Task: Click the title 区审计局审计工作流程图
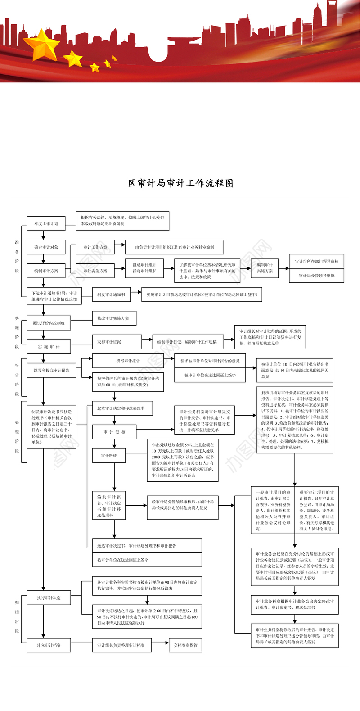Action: (180, 183)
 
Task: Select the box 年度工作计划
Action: (46, 223)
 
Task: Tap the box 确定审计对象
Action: (46, 247)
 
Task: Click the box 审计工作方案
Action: (95, 247)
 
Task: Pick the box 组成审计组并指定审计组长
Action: (144, 268)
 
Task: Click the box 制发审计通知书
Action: (111, 294)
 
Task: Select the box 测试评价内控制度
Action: (49, 323)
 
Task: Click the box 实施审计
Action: (49, 347)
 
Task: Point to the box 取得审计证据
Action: (117, 342)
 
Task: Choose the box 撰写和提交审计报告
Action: (51, 370)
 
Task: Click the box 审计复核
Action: (114, 432)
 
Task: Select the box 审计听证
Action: (108, 456)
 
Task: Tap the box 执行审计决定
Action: (49, 598)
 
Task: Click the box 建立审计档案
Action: (49, 645)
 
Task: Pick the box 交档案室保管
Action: (185, 645)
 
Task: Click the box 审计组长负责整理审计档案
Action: (122, 645)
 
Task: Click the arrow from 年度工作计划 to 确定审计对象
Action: (44, 235)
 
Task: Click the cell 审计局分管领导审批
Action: (317, 276)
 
